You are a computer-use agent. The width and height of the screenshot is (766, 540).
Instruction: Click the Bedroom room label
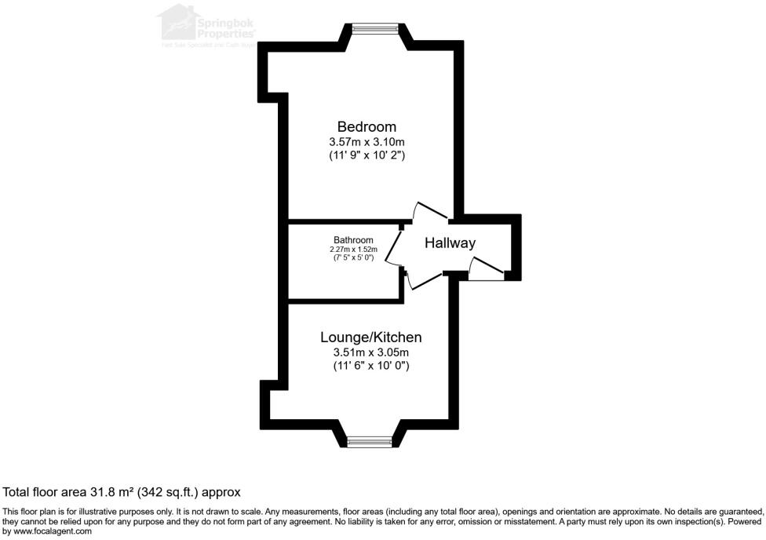tap(367, 126)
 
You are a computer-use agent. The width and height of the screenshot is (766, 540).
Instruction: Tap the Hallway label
tap(450, 243)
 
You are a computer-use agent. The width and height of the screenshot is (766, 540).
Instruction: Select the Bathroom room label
tap(353, 240)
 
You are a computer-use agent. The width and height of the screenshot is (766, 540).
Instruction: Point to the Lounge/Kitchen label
tap(370, 337)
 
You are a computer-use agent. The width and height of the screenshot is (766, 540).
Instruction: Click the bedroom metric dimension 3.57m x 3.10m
tap(367, 142)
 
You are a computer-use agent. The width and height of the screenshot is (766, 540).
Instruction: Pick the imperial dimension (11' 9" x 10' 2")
tap(367, 156)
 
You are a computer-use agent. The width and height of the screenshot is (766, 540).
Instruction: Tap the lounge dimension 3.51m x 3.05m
tap(370, 352)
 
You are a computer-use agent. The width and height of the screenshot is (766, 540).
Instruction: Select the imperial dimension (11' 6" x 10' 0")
tap(370, 366)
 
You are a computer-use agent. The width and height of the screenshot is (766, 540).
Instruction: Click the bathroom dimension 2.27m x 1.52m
tap(353, 250)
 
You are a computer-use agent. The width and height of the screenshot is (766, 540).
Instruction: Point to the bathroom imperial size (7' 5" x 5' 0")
tap(353, 257)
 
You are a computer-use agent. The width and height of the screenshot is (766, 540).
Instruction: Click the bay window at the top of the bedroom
tap(374, 30)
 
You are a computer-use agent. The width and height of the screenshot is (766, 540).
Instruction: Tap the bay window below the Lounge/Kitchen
tap(371, 443)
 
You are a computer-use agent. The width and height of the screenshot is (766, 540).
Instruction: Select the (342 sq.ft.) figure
tap(169, 492)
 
